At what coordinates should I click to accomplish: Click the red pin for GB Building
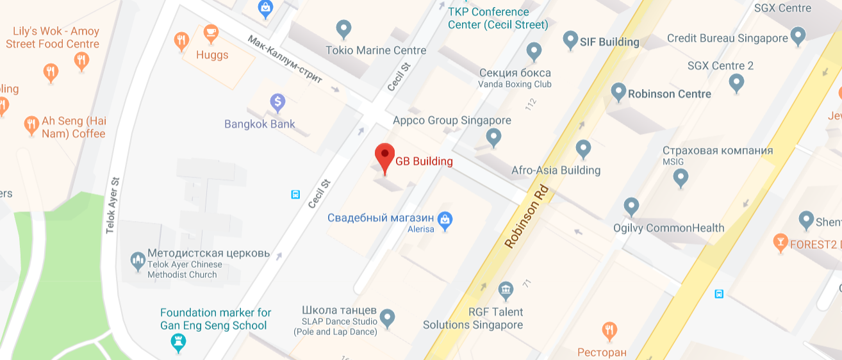(384, 156)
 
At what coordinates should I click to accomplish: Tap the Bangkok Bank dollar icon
(277, 101)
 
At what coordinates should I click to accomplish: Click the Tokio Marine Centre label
(376, 50)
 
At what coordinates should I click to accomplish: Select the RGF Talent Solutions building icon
(506, 290)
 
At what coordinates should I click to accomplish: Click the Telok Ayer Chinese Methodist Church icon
(137, 260)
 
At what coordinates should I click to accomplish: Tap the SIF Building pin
(570, 40)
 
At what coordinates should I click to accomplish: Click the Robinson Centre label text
(669, 94)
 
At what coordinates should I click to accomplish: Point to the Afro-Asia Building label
(556, 170)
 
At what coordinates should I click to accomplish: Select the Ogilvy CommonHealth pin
(632, 206)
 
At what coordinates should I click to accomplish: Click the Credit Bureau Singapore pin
(798, 35)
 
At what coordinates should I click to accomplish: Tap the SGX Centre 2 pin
(737, 82)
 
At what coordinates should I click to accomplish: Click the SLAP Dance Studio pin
(387, 316)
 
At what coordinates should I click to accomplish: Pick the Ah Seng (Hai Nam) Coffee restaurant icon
(31, 125)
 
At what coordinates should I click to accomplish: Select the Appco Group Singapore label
(452, 120)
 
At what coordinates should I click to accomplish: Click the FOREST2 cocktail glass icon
(780, 241)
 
